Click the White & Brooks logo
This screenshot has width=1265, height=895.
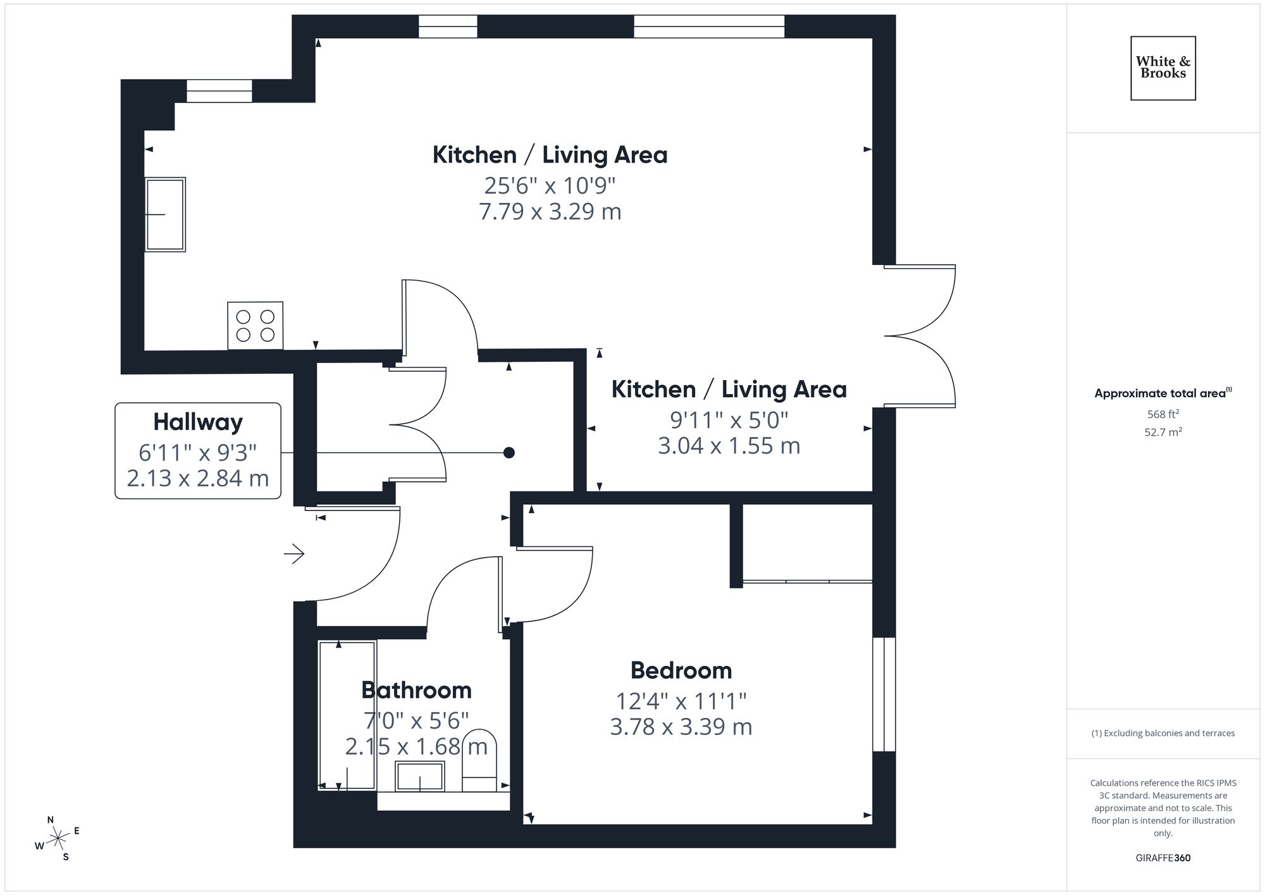1163,68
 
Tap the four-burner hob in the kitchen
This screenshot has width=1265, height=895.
255,325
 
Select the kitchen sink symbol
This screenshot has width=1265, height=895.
165,214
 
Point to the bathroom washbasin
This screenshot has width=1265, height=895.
419,776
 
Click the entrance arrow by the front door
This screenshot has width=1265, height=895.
294,554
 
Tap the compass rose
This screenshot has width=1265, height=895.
58,839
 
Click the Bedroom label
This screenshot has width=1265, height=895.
681,670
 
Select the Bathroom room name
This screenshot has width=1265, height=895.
416,689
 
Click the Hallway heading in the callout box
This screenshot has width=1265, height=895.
198,422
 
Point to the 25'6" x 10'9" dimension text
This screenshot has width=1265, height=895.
550,185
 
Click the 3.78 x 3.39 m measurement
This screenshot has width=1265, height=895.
681,727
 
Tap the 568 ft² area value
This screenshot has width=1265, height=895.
1163,414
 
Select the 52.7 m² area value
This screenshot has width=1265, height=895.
1163,433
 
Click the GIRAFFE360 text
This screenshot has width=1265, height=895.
1163,858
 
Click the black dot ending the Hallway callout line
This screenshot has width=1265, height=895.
509,453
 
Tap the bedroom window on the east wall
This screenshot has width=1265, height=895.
884,694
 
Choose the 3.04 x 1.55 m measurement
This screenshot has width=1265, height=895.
729,446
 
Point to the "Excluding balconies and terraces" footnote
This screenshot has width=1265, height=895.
1163,733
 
